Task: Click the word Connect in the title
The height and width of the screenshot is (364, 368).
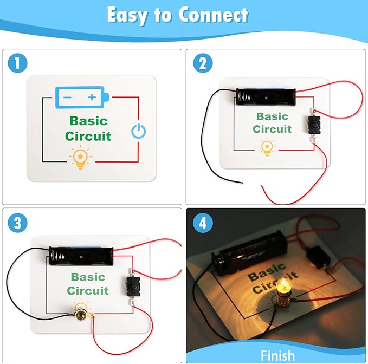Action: point(213,15)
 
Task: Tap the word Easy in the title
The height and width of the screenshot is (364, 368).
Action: point(127,15)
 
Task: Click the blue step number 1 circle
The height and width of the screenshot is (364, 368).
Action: point(17,63)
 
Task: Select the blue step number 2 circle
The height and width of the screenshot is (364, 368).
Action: point(203,63)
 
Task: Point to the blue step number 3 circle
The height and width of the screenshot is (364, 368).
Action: point(17,223)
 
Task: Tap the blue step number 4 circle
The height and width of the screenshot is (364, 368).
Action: point(203,223)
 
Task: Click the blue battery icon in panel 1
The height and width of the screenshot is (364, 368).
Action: point(82,97)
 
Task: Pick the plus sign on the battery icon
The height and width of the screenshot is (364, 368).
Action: point(92,97)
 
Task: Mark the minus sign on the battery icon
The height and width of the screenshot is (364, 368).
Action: point(67,97)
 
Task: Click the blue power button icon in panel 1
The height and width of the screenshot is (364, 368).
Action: point(138,131)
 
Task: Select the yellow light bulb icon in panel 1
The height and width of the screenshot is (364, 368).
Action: point(81,158)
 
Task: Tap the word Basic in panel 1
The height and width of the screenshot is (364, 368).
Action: point(88,121)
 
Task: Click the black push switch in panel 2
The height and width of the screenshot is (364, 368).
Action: point(314,125)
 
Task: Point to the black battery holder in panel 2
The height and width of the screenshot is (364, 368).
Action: point(266,97)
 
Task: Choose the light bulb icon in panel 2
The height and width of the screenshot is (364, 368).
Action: point(267,148)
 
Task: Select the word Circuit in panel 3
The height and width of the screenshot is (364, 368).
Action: point(88,291)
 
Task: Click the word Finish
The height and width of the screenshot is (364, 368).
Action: point(277,355)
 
